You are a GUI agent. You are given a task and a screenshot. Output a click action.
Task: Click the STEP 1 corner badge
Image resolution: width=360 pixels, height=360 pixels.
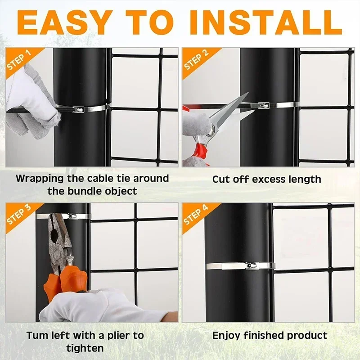coord(19,60)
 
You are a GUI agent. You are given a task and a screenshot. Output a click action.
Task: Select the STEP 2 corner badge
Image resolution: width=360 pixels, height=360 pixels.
coord(196,60)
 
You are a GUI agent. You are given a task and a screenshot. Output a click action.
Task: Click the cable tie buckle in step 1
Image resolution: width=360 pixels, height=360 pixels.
coord(78,108)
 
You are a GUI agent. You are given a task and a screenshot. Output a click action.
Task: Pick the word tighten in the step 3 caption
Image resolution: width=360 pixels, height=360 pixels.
coord(85,348)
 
